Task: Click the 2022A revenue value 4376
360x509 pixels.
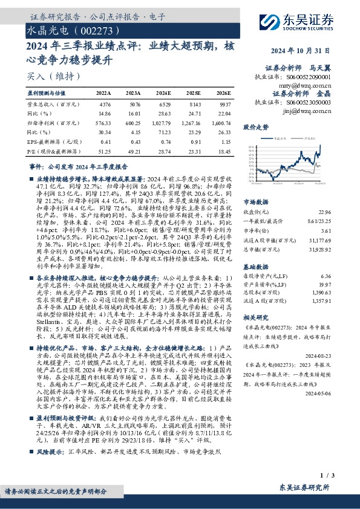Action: tap(104, 105)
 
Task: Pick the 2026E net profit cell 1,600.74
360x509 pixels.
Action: tap(221, 122)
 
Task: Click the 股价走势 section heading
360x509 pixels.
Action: tap(255, 128)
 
